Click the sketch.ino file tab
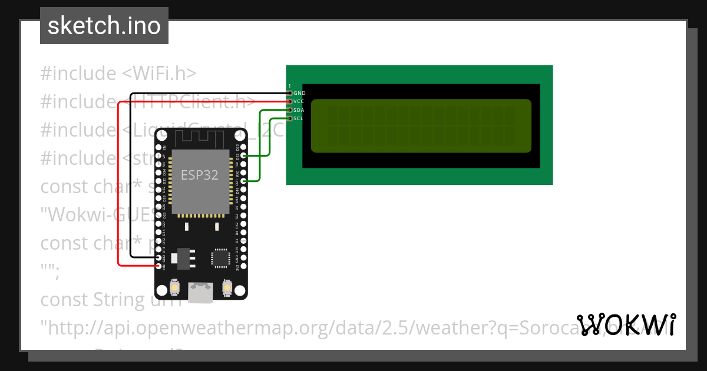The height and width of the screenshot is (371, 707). [x=104, y=26]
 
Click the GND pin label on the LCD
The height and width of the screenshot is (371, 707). [x=299, y=93]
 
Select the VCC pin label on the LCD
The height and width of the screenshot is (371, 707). [x=299, y=101]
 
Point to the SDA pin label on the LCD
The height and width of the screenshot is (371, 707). [x=299, y=110]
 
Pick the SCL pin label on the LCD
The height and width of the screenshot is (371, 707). [x=298, y=118]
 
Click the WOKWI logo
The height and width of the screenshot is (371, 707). [x=626, y=325]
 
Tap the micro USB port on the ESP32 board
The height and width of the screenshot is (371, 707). [x=201, y=291]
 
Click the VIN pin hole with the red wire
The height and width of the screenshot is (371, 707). [x=158, y=267]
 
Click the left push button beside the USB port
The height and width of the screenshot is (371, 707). [x=174, y=288]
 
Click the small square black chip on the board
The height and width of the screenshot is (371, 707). [x=221, y=258]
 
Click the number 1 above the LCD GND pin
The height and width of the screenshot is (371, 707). [x=290, y=86]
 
